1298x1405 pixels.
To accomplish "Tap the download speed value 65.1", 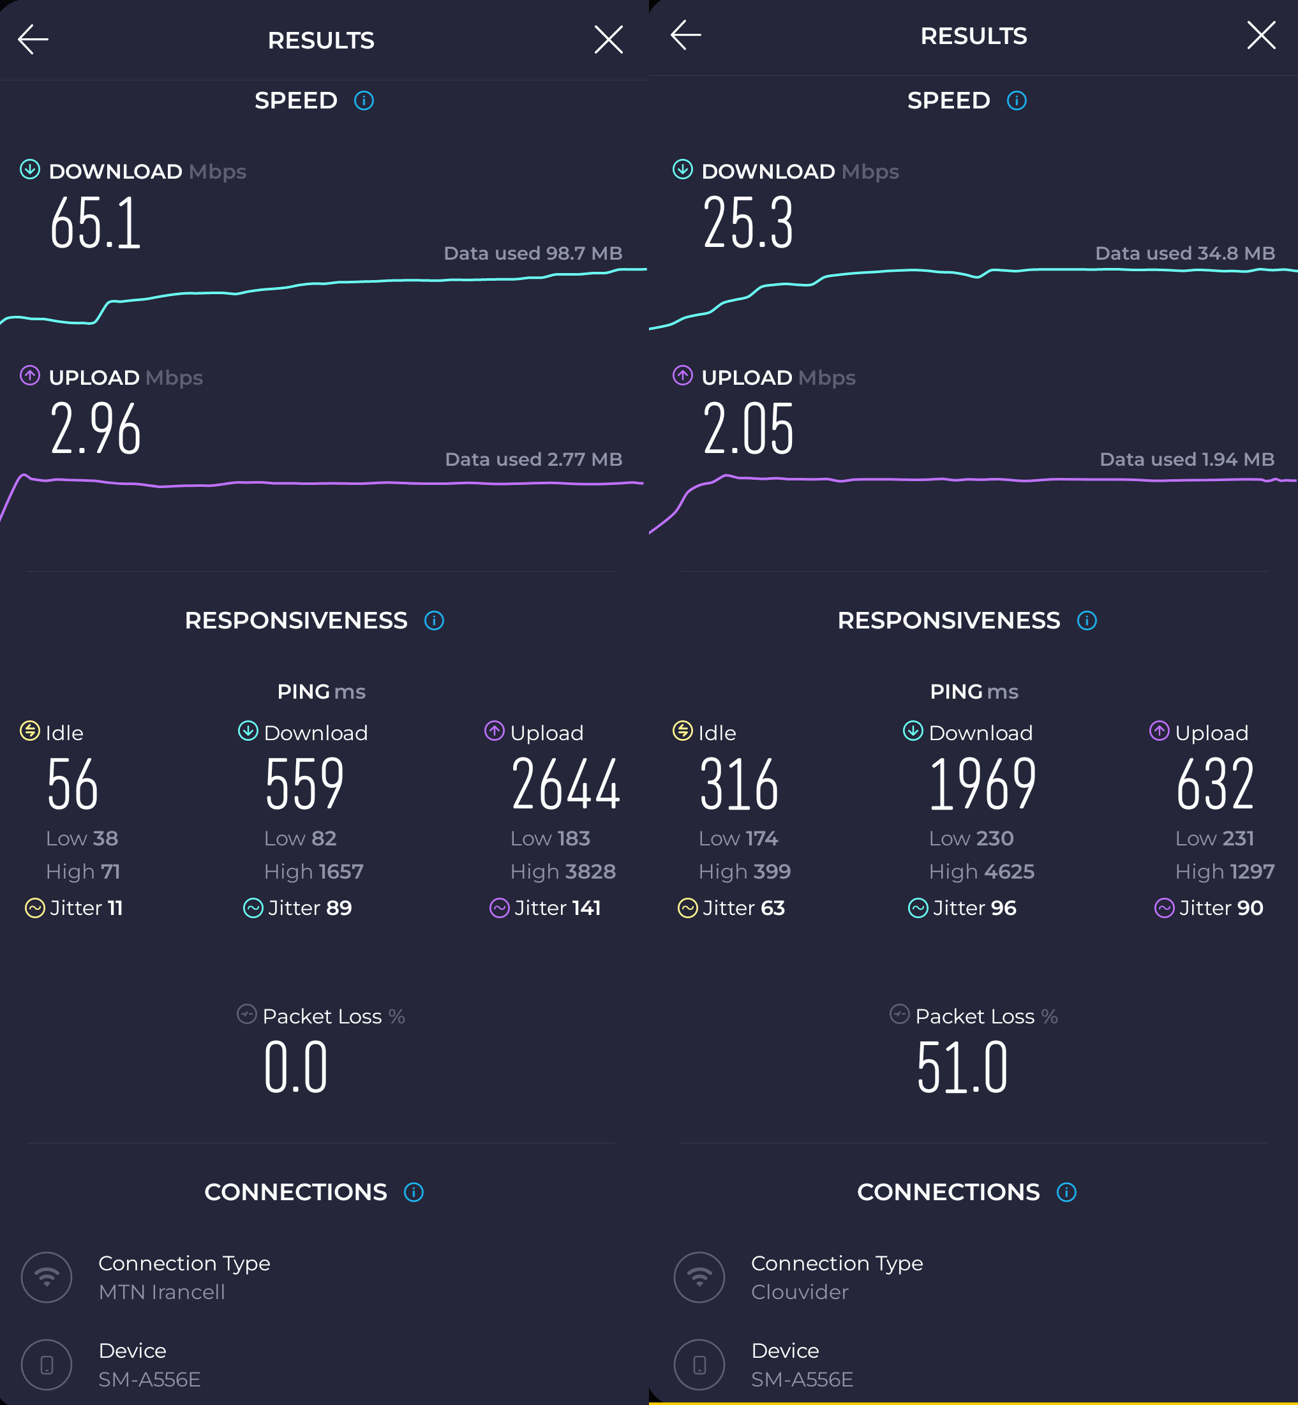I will (96, 223).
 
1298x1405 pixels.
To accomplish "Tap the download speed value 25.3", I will (748, 223).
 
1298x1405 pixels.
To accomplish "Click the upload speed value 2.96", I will (96, 429).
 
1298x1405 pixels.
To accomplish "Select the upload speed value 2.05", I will (748, 429).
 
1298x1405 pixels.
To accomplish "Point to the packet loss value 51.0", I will (962, 1068).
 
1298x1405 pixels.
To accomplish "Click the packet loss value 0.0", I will (295, 1068).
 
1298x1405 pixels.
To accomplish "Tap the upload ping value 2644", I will (565, 784).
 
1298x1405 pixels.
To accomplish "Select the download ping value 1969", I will (982, 784).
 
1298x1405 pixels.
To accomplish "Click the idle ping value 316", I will (739, 784).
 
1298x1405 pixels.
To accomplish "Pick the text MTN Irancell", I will (161, 1292).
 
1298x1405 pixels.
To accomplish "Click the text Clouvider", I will (800, 1292).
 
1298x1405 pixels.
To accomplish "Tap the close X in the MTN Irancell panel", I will (608, 40).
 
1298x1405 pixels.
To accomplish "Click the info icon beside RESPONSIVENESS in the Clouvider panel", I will (1087, 621).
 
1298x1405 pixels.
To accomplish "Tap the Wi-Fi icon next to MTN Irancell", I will (47, 1277).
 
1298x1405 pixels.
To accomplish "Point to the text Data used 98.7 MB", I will (532, 253).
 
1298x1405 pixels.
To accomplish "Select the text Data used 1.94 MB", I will (1186, 460).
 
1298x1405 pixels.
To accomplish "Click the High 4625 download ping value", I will (981, 872).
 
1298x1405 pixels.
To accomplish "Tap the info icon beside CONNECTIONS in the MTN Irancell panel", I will (414, 1193).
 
